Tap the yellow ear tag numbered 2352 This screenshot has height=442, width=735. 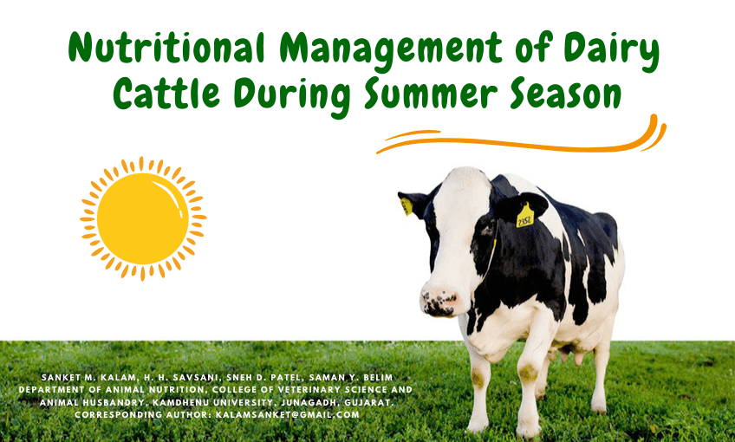pyautogui.click(x=524, y=216)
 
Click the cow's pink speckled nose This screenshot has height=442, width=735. pyautogui.click(x=439, y=302)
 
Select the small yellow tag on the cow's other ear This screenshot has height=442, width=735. pyautogui.click(x=407, y=206)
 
